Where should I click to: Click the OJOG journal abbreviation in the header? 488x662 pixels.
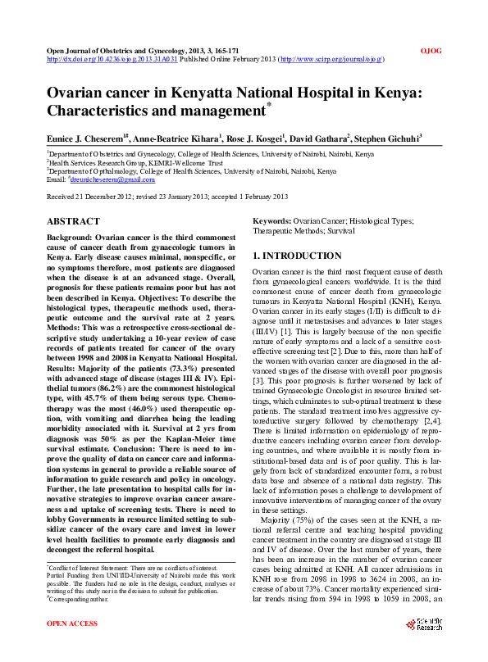[x=431, y=51]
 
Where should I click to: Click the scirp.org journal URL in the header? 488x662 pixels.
[x=332, y=60]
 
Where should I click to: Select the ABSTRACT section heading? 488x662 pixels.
[x=74, y=221]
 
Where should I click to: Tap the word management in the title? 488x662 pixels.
[x=221, y=110]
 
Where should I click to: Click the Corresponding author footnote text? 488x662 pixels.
[x=78, y=600]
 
